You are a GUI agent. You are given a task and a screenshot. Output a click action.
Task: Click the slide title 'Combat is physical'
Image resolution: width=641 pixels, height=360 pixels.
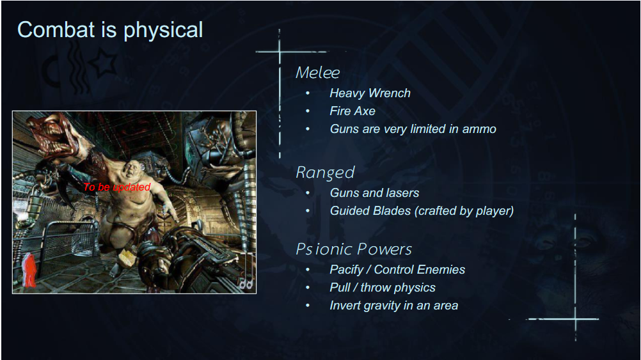(x=110, y=30)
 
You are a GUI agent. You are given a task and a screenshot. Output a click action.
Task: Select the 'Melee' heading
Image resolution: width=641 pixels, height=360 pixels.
(x=318, y=73)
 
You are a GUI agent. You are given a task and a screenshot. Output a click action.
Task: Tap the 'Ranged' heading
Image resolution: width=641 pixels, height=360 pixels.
(x=325, y=173)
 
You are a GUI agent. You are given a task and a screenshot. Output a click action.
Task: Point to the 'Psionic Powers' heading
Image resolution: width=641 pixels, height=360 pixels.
(x=354, y=249)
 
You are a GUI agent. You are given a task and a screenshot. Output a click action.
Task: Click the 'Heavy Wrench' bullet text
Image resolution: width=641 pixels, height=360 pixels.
(x=370, y=93)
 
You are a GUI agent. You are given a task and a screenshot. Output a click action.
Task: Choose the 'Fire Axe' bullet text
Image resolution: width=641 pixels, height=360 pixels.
(x=352, y=111)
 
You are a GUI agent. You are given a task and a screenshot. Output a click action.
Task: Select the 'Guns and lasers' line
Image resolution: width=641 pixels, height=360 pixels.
(x=374, y=193)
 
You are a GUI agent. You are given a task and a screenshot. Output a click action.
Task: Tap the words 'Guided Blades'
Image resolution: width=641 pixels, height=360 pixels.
(x=370, y=211)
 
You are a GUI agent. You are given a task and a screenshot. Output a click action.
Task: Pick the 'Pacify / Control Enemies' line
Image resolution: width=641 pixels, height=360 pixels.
(x=397, y=270)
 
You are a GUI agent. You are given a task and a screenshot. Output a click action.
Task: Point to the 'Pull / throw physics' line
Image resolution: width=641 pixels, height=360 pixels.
(x=383, y=288)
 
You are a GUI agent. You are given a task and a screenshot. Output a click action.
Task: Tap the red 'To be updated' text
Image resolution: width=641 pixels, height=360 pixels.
(x=117, y=187)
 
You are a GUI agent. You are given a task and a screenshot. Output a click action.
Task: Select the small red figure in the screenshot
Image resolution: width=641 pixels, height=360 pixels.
(x=29, y=270)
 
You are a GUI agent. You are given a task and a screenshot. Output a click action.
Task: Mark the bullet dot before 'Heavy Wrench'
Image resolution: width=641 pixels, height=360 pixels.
(x=308, y=93)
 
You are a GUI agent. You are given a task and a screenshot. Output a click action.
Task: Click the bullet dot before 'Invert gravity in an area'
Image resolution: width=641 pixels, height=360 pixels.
(x=308, y=306)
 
